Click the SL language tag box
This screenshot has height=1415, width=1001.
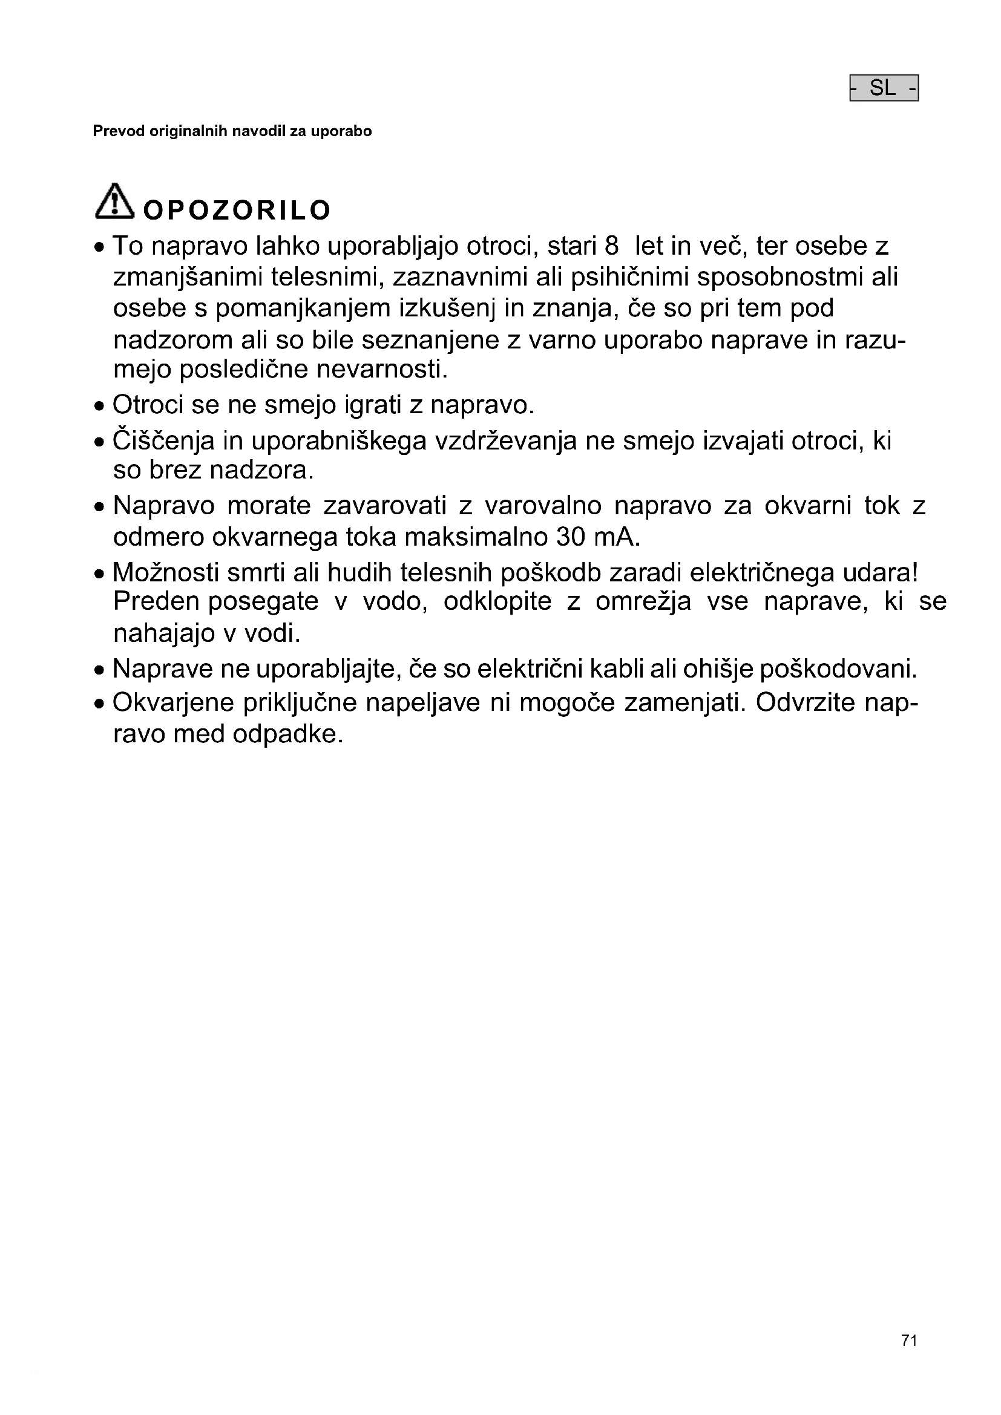click(x=883, y=88)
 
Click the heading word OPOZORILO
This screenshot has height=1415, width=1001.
click(x=237, y=211)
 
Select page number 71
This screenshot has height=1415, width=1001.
click(x=909, y=1341)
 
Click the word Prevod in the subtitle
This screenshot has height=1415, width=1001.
click(x=119, y=131)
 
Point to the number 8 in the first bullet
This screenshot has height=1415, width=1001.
click(x=611, y=246)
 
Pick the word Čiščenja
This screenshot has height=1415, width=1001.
click(x=163, y=441)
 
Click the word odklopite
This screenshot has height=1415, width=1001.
click(x=497, y=601)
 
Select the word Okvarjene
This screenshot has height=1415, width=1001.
click(x=173, y=703)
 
